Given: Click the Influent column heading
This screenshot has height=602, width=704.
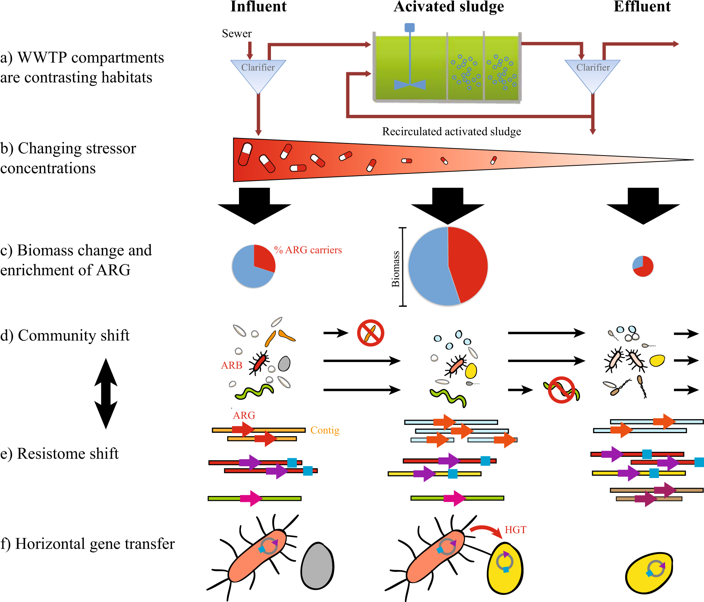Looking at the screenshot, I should (x=258, y=6).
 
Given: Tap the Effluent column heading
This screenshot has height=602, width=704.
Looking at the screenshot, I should (x=642, y=6).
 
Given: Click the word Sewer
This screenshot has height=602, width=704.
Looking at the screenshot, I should (x=237, y=33).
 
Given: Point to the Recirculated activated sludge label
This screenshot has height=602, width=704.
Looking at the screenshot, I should (x=451, y=132).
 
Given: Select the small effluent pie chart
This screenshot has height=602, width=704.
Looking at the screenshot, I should (x=643, y=266).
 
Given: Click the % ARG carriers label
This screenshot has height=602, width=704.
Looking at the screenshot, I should (x=308, y=250).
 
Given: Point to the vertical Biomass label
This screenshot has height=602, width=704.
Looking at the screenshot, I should (x=396, y=268).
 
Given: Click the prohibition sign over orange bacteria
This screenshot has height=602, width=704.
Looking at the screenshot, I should (x=370, y=333).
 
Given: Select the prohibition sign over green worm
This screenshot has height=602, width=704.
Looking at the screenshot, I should (x=561, y=390).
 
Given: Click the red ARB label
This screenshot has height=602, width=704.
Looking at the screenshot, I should (x=231, y=365).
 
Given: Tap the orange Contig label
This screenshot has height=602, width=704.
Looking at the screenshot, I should (x=325, y=430).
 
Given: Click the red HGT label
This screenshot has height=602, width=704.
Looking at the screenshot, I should (x=515, y=530).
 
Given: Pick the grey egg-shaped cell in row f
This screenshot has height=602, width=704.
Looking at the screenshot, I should (x=317, y=566).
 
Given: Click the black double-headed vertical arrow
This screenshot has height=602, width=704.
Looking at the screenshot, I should (x=106, y=394).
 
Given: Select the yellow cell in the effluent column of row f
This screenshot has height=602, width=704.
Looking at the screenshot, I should (x=649, y=573).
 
